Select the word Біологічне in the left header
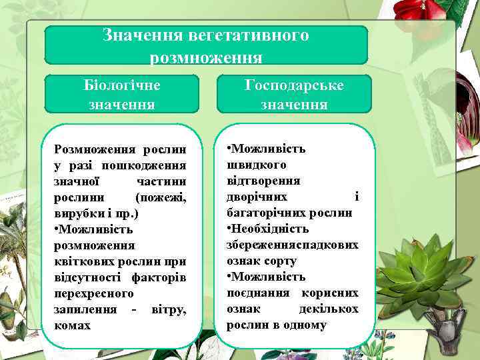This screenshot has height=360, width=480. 122,86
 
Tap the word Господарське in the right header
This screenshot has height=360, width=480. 294,86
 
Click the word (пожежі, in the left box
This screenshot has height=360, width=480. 160,197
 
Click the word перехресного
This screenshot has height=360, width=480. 93,293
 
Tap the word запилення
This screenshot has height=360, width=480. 82,309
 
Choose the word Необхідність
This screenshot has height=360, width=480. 271,229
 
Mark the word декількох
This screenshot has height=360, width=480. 329,309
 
